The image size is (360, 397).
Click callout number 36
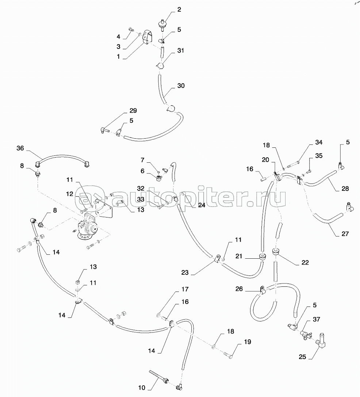point(20,148)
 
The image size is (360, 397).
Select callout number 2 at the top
point(179,10)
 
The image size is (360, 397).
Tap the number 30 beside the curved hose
point(181,86)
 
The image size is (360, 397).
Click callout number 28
point(345,189)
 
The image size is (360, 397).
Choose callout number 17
point(185,289)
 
